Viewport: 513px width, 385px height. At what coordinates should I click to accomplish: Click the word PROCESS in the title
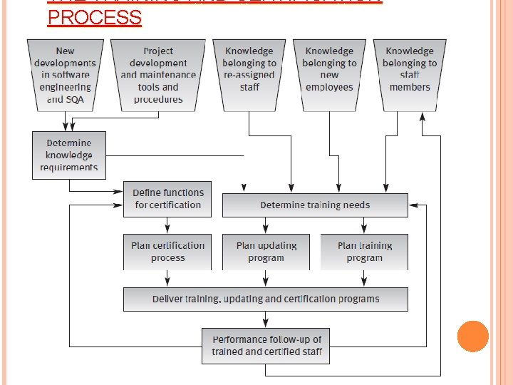click(94, 17)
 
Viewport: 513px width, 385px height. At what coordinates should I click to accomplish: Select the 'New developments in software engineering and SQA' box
click(66, 75)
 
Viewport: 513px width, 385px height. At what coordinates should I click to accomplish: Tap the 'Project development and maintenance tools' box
click(158, 75)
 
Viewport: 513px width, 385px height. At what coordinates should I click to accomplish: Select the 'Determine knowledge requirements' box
click(69, 155)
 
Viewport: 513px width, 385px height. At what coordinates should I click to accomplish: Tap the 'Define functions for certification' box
click(167, 199)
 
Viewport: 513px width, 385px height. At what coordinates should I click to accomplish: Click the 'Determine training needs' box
click(315, 205)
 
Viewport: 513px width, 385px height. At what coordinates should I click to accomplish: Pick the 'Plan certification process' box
click(167, 252)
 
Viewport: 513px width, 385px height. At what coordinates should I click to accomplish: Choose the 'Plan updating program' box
click(266, 252)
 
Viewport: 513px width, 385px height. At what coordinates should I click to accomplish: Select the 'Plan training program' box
click(364, 252)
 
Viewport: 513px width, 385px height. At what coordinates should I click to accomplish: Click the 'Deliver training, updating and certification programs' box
click(266, 299)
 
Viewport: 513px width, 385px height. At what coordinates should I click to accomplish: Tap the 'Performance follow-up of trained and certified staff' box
click(266, 345)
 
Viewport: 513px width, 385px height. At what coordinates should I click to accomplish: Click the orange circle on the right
click(472, 336)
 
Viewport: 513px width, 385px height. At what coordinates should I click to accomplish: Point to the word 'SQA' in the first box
click(75, 99)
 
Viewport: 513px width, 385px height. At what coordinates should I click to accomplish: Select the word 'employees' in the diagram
click(329, 87)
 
